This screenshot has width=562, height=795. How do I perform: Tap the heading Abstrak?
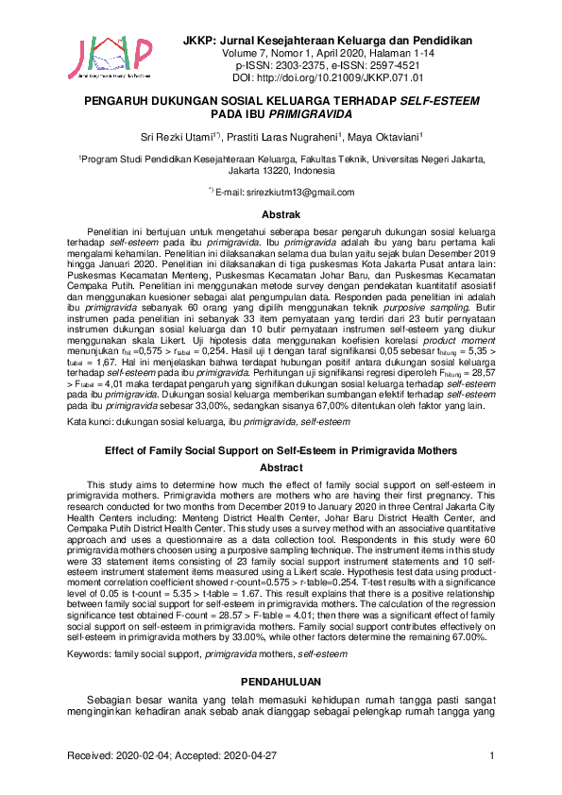281,214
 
